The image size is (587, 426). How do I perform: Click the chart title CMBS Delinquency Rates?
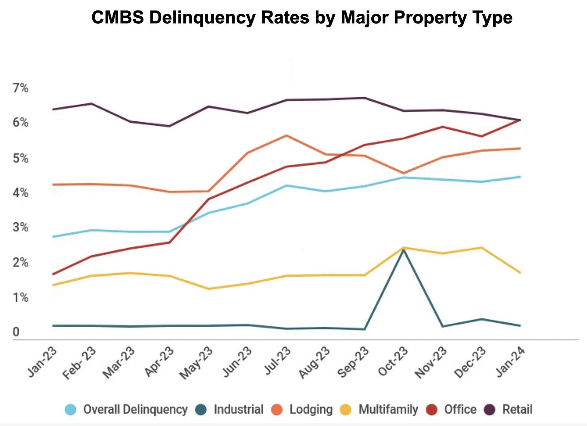point(302,18)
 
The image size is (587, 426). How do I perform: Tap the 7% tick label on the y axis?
point(21,88)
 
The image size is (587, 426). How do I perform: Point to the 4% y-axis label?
point(21,193)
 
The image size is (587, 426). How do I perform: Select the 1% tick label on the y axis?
point(21,297)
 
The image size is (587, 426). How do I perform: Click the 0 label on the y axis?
point(16,332)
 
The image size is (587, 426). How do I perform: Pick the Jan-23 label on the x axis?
point(43,362)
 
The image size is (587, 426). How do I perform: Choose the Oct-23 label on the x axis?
point(393,362)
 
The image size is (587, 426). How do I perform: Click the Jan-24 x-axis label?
point(510,362)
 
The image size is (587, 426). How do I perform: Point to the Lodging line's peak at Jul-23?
point(286,135)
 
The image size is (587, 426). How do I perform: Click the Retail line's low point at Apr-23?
point(169,126)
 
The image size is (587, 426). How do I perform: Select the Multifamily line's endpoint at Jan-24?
point(520,273)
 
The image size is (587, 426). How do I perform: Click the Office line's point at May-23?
point(208,199)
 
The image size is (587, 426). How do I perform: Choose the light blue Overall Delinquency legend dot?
point(71,410)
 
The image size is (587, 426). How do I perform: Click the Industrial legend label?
point(238,409)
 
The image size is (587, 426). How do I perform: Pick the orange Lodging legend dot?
point(277,410)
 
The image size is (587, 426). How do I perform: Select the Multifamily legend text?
point(388,409)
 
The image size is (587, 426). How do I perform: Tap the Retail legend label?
point(517,409)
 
